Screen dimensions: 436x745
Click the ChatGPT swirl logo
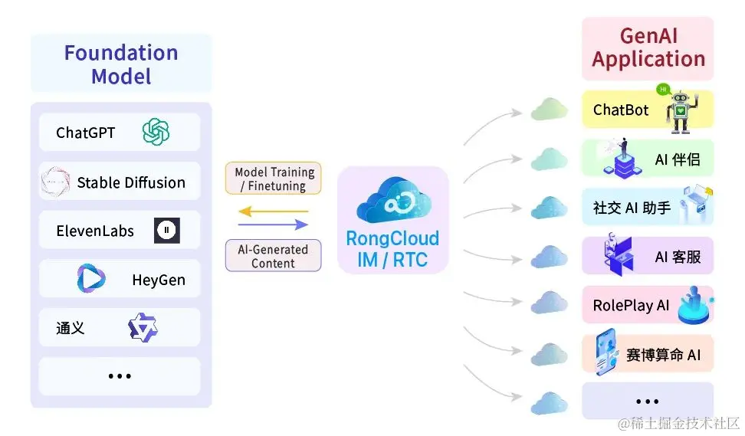(156, 133)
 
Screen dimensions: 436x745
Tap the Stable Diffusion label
(131, 182)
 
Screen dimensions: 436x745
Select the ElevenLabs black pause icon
(166, 231)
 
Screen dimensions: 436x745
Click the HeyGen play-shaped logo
(91, 279)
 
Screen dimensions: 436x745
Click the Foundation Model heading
(121, 64)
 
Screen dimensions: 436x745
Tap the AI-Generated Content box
(273, 256)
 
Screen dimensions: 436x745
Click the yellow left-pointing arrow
(273, 211)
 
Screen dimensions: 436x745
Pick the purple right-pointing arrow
(273, 225)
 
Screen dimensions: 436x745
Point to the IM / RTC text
(392, 260)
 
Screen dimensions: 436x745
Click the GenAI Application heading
(648, 48)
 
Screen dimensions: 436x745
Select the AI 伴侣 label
(678, 160)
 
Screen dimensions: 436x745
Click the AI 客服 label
(678, 257)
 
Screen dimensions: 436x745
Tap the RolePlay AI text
(631, 306)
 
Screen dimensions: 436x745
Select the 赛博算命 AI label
(663, 355)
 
